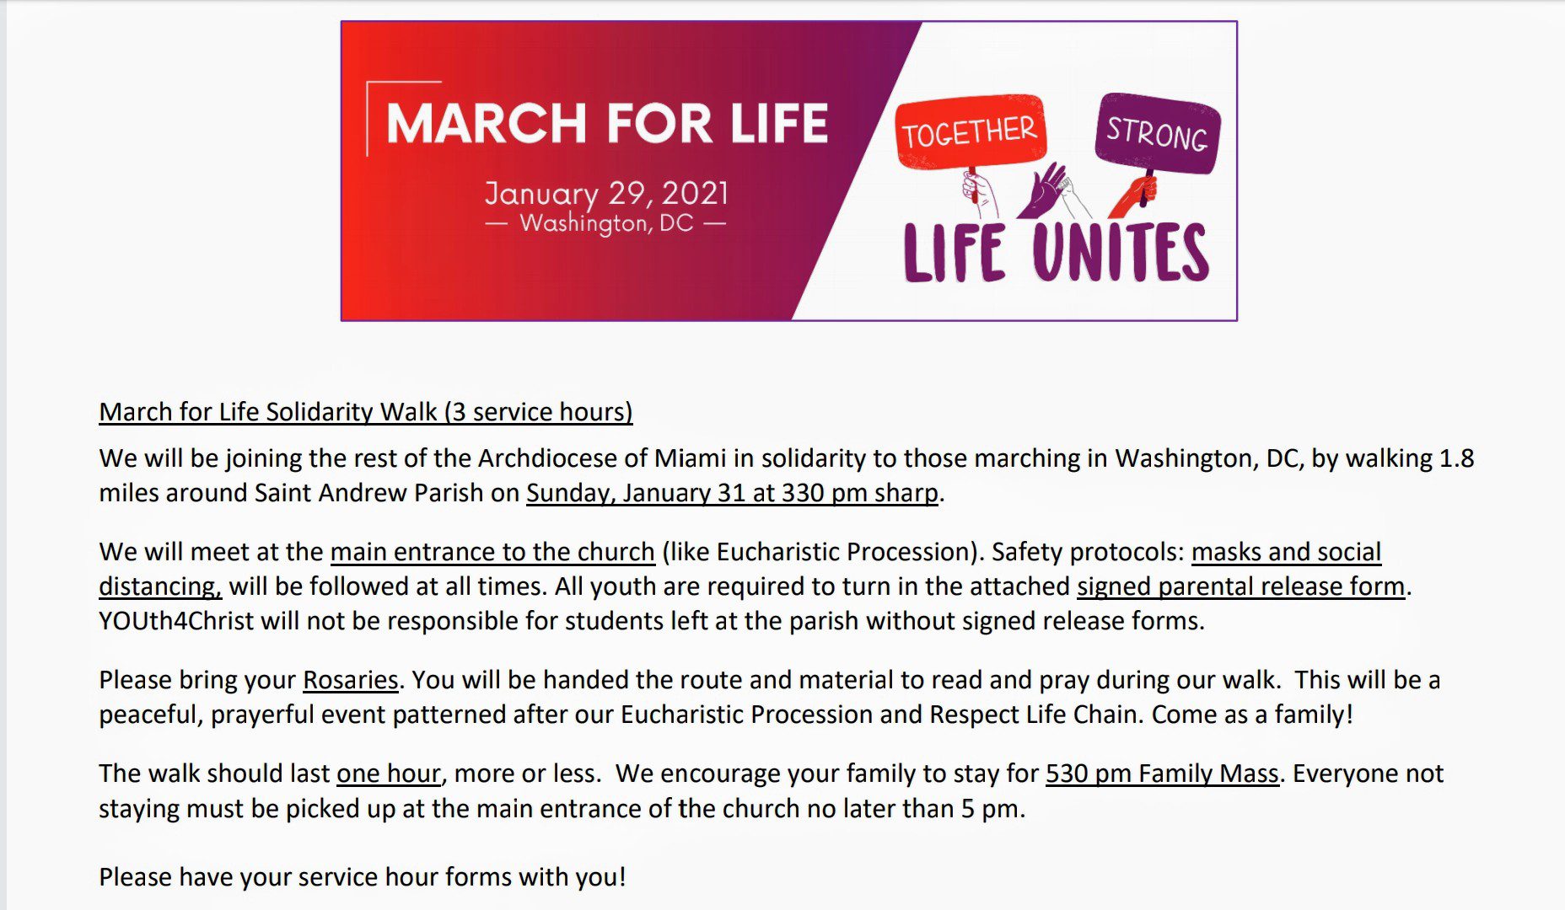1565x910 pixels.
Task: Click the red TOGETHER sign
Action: (x=970, y=132)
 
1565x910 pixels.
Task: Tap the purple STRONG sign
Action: (x=1157, y=132)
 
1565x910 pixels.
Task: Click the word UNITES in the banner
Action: (x=1121, y=252)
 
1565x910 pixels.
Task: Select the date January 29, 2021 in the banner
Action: (x=606, y=193)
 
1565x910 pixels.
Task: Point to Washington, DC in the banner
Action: (x=606, y=223)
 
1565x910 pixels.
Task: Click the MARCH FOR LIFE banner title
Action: (x=607, y=123)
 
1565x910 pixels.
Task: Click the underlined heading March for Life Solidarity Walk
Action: (x=365, y=411)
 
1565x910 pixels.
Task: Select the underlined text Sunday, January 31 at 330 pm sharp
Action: (x=732, y=492)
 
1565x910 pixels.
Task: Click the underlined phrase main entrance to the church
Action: (x=492, y=551)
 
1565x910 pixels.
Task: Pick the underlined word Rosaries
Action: (x=350, y=679)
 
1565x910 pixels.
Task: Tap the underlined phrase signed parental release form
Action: (x=1241, y=586)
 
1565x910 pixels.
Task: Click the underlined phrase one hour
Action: (x=389, y=773)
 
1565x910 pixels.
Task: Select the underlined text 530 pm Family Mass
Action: (x=1163, y=773)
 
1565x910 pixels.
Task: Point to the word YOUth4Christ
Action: (x=176, y=620)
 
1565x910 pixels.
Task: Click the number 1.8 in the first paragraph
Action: (x=1456, y=458)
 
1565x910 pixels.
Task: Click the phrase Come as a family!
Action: (x=1252, y=714)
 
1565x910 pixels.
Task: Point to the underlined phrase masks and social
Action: (x=1286, y=551)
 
